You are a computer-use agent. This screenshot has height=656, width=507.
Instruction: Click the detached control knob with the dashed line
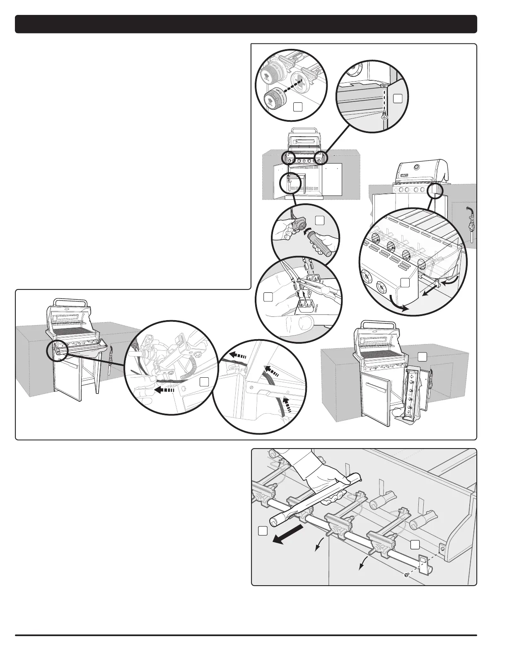(x=274, y=97)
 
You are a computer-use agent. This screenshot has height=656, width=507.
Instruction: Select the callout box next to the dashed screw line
(x=398, y=98)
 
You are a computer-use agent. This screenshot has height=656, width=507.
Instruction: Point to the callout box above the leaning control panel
(x=422, y=356)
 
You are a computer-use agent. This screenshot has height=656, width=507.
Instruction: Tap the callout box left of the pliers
(x=268, y=297)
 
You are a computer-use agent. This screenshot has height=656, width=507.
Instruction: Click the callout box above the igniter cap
(x=319, y=220)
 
